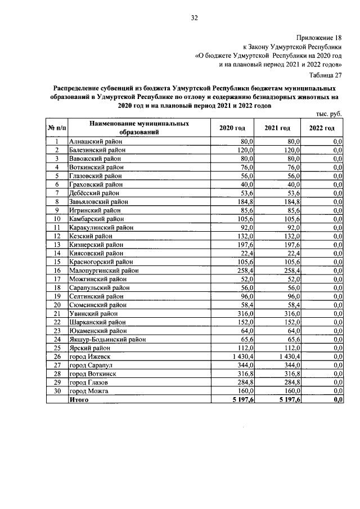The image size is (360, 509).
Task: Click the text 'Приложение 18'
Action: (x=317, y=36)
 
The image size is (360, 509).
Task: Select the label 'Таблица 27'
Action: (x=326, y=75)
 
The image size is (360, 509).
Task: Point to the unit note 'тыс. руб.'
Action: (x=328, y=114)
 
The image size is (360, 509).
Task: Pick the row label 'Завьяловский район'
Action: (x=98, y=201)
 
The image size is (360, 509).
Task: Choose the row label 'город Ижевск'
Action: (x=88, y=356)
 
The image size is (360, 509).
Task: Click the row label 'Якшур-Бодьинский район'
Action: (x=107, y=339)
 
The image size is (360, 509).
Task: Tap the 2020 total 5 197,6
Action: (x=242, y=399)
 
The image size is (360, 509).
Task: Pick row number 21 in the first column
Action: (x=57, y=313)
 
